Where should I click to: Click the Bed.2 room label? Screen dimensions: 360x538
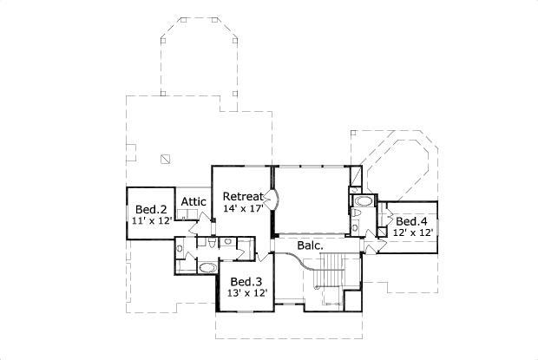pyautogui.click(x=151, y=209)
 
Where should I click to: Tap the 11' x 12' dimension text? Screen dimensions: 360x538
pyautogui.click(x=151, y=221)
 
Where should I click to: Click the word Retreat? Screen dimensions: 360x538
pyautogui.click(x=243, y=196)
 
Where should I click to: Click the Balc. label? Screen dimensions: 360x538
pyautogui.click(x=311, y=245)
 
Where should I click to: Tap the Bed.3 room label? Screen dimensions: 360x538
pyautogui.click(x=246, y=282)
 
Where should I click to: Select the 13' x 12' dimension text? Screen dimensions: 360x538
pyautogui.click(x=246, y=294)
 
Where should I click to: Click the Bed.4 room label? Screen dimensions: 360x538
pyautogui.click(x=412, y=221)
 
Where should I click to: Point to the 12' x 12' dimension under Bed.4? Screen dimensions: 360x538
pyautogui.click(x=412, y=233)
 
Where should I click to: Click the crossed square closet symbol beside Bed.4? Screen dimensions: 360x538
pyautogui.click(x=383, y=232)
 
